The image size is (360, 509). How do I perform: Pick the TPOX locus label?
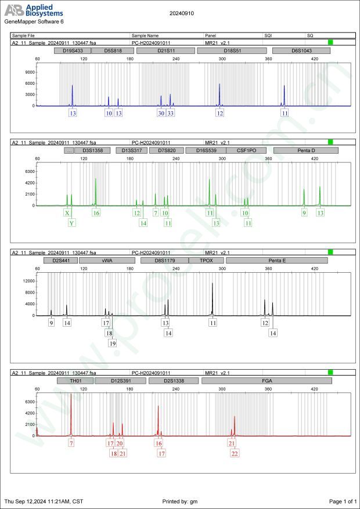(206, 261)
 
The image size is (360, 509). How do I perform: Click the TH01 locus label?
(75, 381)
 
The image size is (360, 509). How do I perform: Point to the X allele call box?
(67, 213)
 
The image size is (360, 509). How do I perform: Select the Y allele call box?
(71, 223)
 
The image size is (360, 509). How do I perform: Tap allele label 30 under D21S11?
(161, 113)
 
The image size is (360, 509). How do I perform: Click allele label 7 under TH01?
(71, 443)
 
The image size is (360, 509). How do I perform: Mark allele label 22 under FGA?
(235, 453)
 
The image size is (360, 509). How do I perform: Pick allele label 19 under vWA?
(113, 343)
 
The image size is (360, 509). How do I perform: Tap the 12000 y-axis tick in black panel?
(29, 281)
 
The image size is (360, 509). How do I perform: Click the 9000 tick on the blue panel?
(30, 73)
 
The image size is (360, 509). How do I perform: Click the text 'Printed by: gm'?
(181, 501)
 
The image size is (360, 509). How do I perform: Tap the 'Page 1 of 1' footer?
(342, 501)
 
